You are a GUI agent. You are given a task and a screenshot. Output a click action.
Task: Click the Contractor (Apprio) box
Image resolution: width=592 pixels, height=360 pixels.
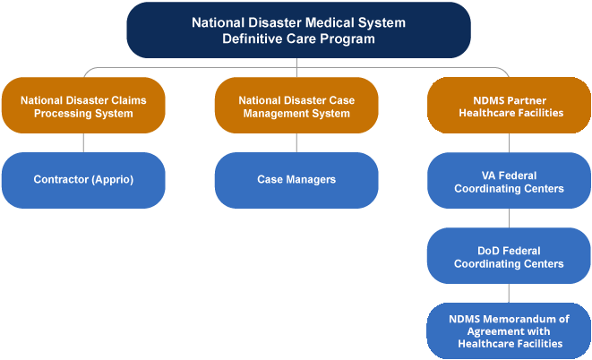point(83,179)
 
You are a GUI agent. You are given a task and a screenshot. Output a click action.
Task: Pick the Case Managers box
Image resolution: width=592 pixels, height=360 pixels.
point(296,179)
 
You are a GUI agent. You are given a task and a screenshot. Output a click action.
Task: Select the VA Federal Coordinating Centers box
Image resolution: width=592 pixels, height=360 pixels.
point(510,182)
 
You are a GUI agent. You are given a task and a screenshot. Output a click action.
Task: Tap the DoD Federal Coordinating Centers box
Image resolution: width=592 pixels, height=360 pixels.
point(510,257)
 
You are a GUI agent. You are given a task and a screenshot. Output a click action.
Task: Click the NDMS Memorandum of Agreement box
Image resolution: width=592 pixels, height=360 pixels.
point(510,330)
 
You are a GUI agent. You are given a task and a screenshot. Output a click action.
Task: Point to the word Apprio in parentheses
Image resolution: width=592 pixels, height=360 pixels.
point(111,179)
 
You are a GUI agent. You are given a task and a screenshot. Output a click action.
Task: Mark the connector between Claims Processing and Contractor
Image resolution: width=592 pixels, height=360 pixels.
point(83,143)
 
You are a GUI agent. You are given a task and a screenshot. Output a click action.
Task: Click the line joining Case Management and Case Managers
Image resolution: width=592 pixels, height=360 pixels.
point(296,143)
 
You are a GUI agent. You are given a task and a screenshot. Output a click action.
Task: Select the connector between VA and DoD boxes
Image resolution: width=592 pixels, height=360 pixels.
point(510,218)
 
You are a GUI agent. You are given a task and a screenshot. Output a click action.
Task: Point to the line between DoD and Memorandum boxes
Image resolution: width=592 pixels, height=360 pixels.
point(510,293)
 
